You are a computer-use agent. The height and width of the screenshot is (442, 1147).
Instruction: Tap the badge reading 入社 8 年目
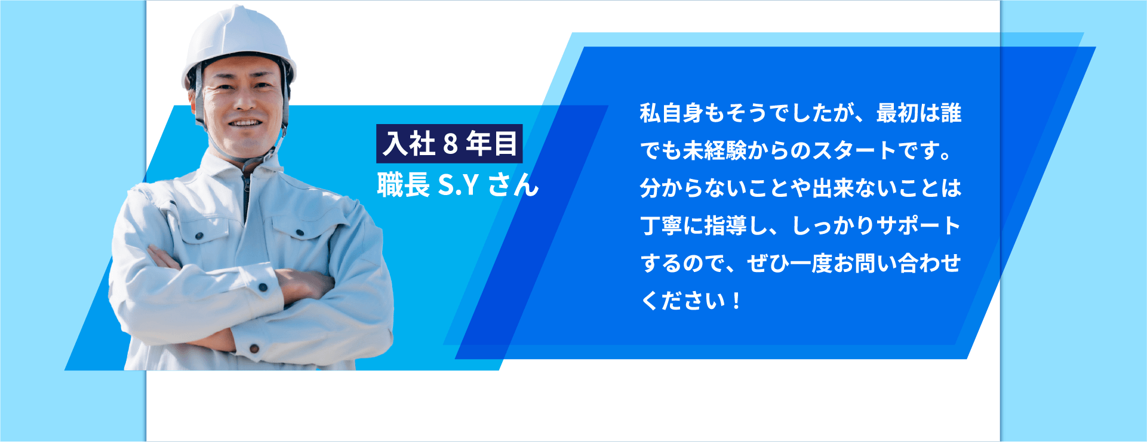[x=449, y=144]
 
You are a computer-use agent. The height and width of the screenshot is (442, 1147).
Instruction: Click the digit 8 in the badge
[x=450, y=144]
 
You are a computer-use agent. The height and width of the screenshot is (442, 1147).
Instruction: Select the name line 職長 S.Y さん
[x=458, y=185]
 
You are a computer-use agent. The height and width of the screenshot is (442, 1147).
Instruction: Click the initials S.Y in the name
[x=459, y=186]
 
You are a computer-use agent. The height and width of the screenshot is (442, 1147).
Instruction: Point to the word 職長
[x=403, y=185]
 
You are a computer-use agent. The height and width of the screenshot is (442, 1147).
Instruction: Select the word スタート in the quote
[x=854, y=151]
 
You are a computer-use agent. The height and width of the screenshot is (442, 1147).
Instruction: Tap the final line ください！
[x=691, y=301]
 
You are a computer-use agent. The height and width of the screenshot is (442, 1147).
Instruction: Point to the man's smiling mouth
[x=245, y=123]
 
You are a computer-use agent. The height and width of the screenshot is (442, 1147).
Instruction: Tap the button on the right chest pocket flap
[x=300, y=233]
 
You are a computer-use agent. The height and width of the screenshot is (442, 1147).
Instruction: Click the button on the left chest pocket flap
[x=199, y=236]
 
